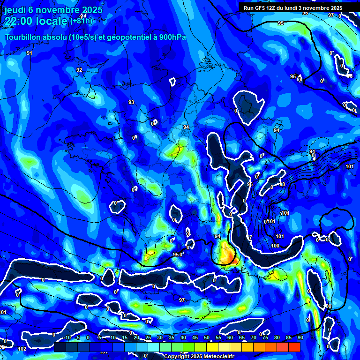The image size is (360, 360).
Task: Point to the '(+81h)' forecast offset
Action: [x=82, y=21]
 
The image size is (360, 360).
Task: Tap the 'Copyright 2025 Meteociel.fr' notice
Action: [x=199, y=356]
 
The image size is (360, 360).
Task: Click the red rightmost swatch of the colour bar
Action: [x=294, y=346]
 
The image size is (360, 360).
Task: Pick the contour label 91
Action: [x=30, y=53]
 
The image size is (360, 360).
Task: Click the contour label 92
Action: [x=79, y=70]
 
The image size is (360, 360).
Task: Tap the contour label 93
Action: [x=131, y=102]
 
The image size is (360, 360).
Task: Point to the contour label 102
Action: [x=22, y=349]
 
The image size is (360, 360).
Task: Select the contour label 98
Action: [x=282, y=184]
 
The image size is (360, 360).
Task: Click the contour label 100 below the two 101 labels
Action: [x=276, y=246]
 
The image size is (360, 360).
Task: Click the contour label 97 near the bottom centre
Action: [x=182, y=300]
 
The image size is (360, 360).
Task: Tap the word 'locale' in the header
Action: [x=52, y=21]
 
